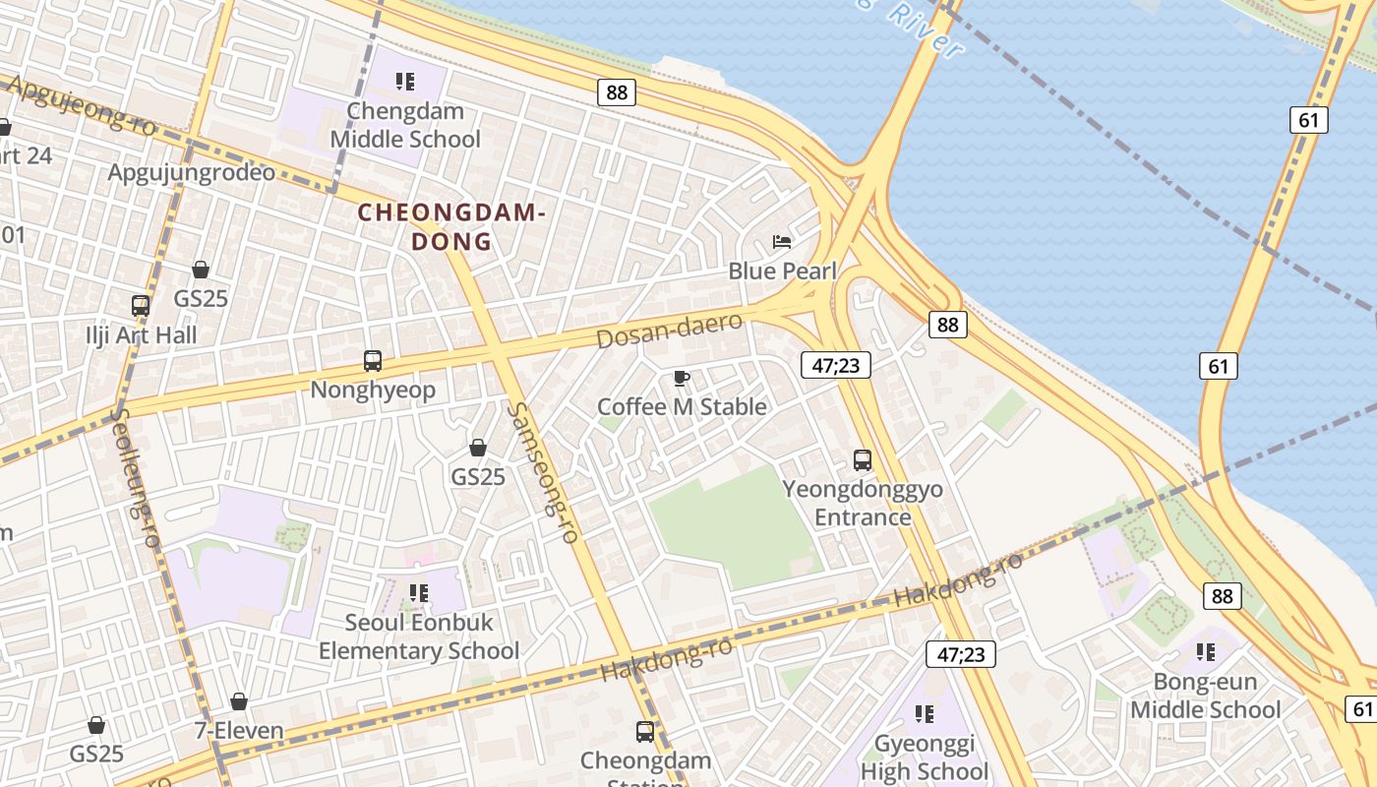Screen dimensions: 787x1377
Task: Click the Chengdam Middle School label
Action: click(x=405, y=125)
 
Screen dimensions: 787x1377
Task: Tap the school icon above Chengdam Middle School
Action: click(x=405, y=81)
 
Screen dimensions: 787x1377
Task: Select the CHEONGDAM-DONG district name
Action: click(x=450, y=226)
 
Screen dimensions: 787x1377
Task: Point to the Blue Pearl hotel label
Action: click(x=782, y=271)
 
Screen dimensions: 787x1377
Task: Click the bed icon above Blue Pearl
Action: click(x=782, y=241)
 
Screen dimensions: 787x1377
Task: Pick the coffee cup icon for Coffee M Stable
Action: click(x=681, y=378)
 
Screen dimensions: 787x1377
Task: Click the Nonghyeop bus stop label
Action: click(x=373, y=390)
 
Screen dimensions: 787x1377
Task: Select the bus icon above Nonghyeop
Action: click(x=373, y=360)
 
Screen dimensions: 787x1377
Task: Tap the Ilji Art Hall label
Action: click(x=141, y=334)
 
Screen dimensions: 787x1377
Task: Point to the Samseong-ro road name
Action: click(x=542, y=472)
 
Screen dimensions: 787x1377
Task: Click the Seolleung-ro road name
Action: click(x=134, y=477)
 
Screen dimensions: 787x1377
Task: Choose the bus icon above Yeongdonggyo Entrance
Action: click(x=863, y=459)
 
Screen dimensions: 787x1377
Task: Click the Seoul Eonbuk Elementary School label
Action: click(x=419, y=636)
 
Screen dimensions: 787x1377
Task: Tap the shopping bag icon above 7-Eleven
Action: click(x=239, y=701)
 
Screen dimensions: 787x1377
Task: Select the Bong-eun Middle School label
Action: click(x=1206, y=696)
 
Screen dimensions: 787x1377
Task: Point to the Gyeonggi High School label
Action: click(x=925, y=757)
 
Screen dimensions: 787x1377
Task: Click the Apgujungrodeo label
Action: click(x=192, y=172)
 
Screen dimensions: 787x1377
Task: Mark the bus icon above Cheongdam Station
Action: click(x=645, y=731)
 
